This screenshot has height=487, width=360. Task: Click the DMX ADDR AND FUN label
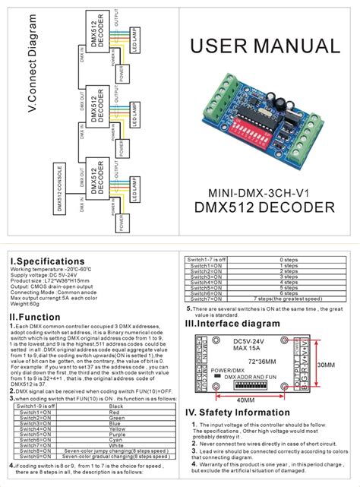[240, 377]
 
